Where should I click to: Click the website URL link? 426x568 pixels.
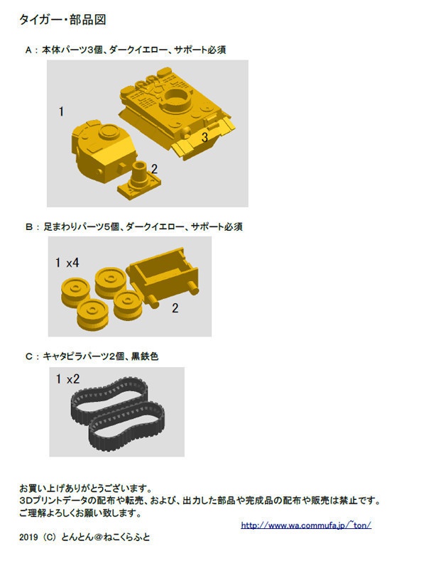[x=306, y=525]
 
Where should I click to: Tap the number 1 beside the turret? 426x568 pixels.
[x=62, y=111]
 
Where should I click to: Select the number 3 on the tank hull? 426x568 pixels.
[x=204, y=138]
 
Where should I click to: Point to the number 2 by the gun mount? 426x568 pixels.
[x=154, y=169]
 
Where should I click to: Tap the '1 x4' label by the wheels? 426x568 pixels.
[x=67, y=263]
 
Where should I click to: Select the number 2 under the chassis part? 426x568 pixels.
[x=175, y=308]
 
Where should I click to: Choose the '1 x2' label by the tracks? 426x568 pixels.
[x=67, y=379]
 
